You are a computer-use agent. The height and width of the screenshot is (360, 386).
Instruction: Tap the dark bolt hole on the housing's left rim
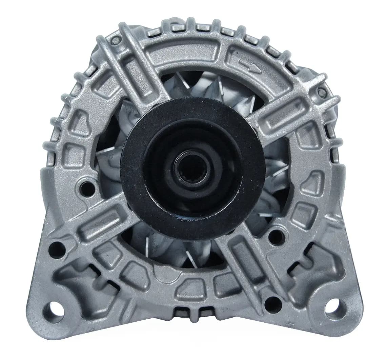[x=88, y=186]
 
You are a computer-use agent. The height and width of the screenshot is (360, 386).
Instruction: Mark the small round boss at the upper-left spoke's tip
[x=116, y=41]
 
